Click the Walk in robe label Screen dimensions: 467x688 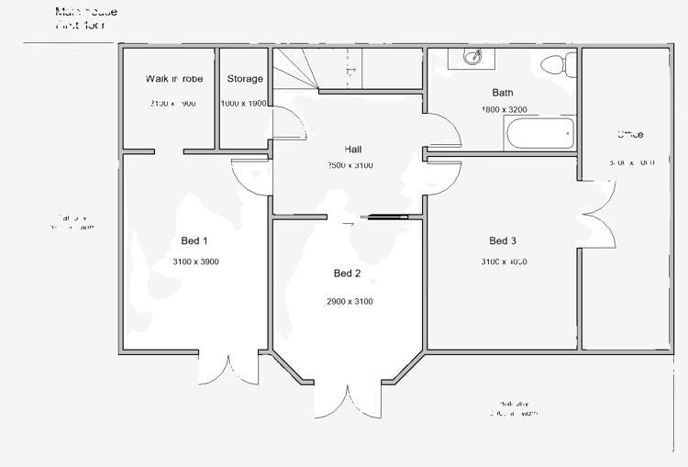tap(174, 79)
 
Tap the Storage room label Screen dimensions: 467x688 tap(245, 79)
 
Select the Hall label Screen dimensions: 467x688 tap(353, 149)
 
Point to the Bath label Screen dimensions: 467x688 tap(503, 93)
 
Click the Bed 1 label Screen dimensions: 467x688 tap(194, 241)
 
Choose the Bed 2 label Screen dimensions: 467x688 tap(348, 273)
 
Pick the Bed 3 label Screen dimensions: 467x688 tap(503, 241)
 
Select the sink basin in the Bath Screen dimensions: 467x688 tap(472, 58)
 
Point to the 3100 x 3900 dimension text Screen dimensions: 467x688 tap(195, 262)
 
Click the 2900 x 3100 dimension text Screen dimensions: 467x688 tap(350, 302)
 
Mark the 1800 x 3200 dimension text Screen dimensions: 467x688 tap(504, 110)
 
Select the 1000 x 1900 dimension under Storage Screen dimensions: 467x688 tap(244, 104)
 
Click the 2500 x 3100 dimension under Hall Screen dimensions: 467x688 tap(350, 166)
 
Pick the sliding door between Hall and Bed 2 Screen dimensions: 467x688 tap(385, 217)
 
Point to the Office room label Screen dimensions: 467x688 tap(630, 135)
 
